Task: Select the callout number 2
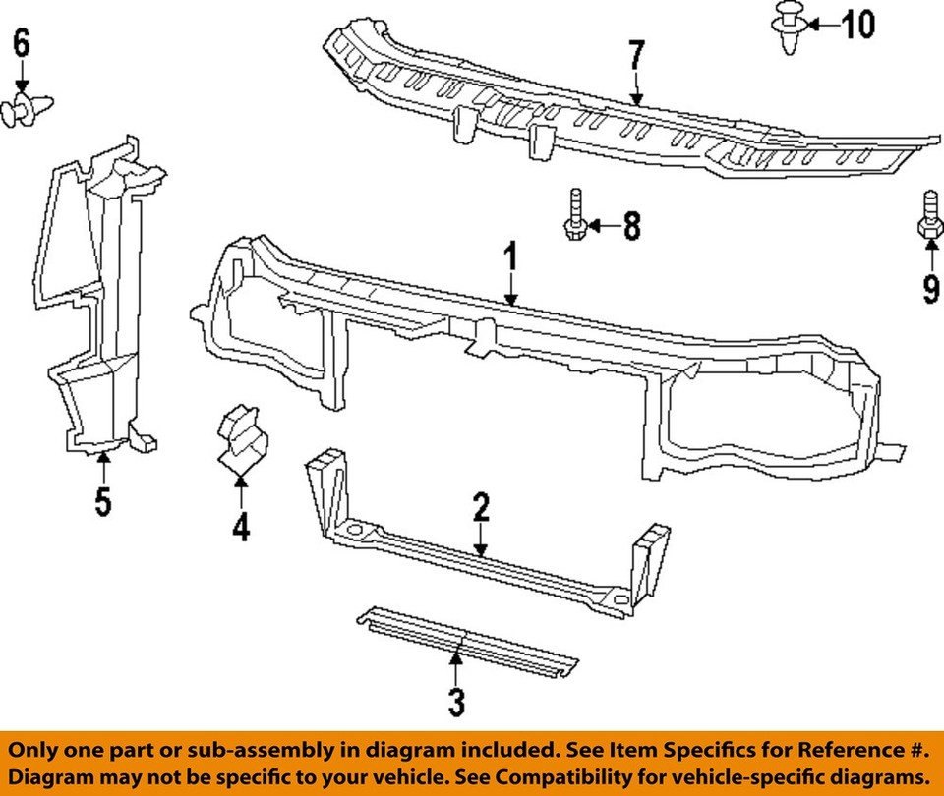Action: pos(480,507)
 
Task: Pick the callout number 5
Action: pos(103,501)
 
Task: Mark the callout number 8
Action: pos(630,227)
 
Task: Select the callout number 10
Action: pos(857,23)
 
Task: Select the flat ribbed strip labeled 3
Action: pos(466,644)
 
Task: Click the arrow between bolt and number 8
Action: pos(603,228)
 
